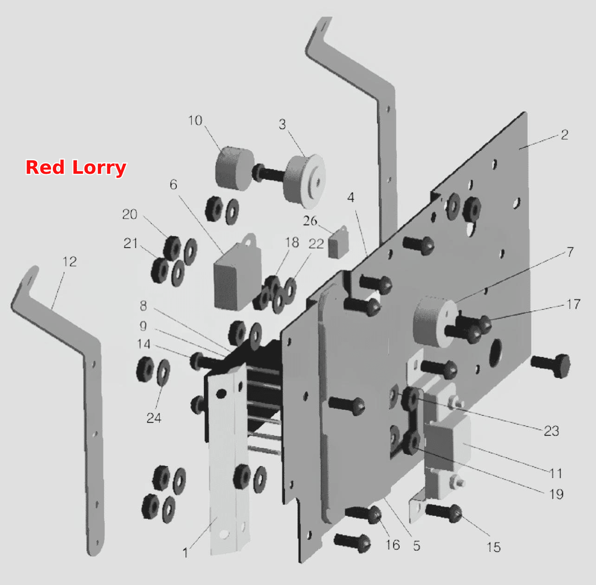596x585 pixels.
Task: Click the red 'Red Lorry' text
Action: (x=76, y=168)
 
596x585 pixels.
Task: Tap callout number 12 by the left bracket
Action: (x=70, y=262)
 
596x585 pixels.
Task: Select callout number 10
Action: (x=195, y=120)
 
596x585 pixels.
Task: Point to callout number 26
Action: (x=310, y=221)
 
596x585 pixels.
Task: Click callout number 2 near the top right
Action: (x=564, y=135)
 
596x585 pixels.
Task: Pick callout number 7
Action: (x=570, y=252)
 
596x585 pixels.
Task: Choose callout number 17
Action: (x=573, y=304)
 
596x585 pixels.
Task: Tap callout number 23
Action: (x=551, y=431)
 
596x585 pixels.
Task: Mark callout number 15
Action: (x=493, y=547)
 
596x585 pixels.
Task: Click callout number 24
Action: (x=154, y=418)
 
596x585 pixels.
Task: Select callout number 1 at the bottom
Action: (x=185, y=553)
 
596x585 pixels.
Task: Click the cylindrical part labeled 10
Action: (x=234, y=169)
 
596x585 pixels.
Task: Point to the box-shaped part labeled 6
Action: (x=237, y=274)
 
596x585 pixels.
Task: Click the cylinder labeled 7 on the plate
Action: (x=434, y=322)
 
